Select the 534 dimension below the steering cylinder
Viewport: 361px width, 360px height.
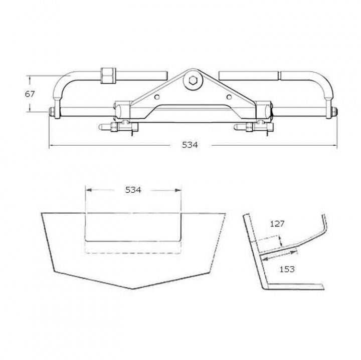190,145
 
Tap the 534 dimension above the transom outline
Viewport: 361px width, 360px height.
133,190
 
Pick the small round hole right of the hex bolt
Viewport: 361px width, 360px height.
229,97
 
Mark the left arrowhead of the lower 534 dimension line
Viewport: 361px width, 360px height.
88,190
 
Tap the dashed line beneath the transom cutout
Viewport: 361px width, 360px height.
133,252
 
